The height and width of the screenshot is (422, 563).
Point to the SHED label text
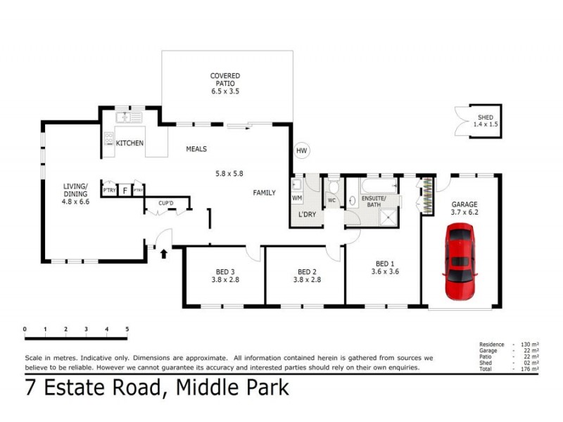pos(486,117)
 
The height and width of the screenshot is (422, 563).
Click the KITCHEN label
pos(130,143)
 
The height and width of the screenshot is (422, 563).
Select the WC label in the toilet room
pos(331,200)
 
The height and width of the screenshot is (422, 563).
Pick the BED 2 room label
pos(305,272)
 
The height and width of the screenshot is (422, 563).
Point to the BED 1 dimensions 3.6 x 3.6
pos(385,271)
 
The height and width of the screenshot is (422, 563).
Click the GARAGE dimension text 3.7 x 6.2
pos(464,212)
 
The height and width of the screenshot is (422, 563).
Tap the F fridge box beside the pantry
pos(125,190)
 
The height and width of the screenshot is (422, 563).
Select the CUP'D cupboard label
pos(166,204)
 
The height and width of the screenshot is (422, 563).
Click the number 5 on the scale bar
pos(127,329)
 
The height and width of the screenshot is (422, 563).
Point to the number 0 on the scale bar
pos(25,329)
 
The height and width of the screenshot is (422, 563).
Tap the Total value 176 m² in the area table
pos(529,369)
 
